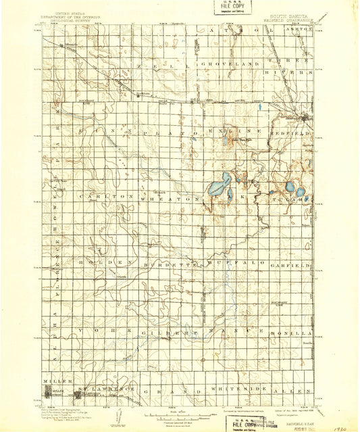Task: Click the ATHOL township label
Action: (x=232, y=30)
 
